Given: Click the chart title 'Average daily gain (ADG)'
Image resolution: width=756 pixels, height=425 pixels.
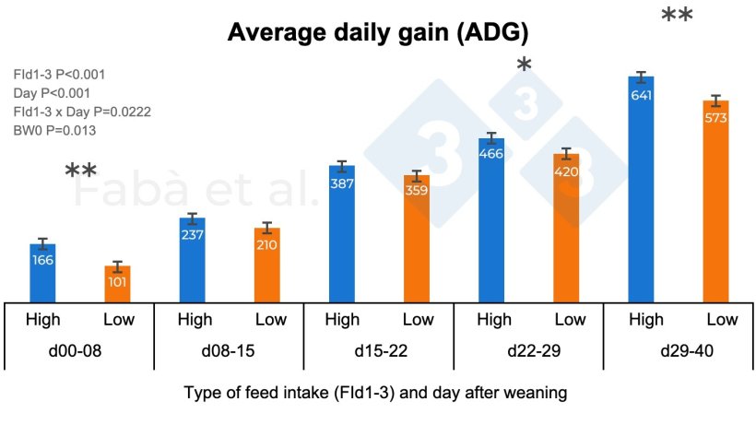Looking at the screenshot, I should [x=378, y=33].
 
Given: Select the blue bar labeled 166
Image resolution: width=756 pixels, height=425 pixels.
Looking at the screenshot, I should [x=42, y=272].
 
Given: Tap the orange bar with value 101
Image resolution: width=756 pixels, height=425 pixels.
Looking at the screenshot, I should [x=117, y=283].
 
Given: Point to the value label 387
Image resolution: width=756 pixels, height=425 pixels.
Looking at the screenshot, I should [x=342, y=184].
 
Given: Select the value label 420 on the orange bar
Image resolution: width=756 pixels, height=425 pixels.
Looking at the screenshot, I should [x=566, y=172].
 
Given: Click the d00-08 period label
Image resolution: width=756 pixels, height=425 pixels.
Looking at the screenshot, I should [x=79, y=355].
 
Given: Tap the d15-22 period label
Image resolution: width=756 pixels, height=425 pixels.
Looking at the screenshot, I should [x=379, y=355].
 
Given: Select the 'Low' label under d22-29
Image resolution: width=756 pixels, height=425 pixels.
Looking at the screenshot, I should [x=569, y=320].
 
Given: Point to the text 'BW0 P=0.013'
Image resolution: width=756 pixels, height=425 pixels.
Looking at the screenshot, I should [x=54, y=131].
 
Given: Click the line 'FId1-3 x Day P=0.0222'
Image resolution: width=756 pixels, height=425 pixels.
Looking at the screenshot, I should [x=82, y=112].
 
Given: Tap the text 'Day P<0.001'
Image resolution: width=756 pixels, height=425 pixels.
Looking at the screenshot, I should [x=53, y=93].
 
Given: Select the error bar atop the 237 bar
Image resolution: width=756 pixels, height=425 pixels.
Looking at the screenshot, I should [x=193, y=218].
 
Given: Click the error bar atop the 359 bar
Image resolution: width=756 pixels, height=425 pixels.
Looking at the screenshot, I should [x=417, y=175].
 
